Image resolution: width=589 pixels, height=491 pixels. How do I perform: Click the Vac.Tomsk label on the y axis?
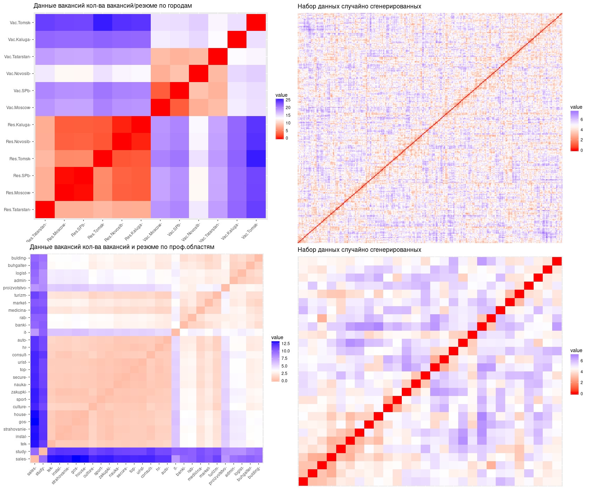click(x=20, y=23)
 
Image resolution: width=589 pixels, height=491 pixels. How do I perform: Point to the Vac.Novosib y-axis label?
click(x=19, y=74)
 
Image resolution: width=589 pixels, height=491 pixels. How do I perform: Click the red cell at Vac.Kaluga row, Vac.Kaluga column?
click(x=237, y=40)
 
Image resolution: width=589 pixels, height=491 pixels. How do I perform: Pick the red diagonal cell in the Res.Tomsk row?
click(x=102, y=159)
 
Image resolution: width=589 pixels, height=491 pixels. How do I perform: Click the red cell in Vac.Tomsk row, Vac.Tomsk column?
click(x=256, y=23)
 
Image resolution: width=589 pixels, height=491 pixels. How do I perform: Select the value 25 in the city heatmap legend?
click(x=288, y=100)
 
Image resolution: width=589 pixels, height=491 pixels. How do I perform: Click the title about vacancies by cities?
click(x=113, y=6)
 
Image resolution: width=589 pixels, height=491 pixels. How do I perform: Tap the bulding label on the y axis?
click(x=19, y=258)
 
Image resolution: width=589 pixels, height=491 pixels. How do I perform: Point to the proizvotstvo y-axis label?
click(x=15, y=288)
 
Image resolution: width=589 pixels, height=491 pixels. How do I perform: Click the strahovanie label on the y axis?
click(x=15, y=429)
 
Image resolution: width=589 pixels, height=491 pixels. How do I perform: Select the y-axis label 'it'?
click(x=25, y=332)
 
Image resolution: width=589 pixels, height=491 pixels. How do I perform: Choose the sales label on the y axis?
click(x=21, y=459)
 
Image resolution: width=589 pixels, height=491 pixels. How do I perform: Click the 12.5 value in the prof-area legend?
click(x=285, y=344)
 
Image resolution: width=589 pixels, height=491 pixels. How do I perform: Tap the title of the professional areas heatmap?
click(x=122, y=247)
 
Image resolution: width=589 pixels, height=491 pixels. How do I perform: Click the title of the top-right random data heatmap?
click(x=359, y=6)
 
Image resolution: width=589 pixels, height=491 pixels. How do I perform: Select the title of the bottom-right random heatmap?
click(x=359, y=250)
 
